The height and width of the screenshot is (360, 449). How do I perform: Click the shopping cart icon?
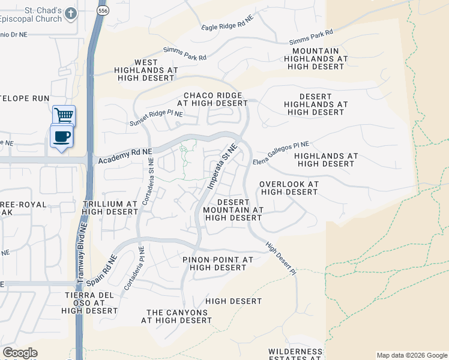coord(63,115)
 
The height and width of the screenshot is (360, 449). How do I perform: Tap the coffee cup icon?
coord(61,137)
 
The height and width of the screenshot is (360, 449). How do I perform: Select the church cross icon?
coord(71,13)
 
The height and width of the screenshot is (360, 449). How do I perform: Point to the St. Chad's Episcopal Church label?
coord(35,14)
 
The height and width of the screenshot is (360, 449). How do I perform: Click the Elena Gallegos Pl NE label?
coord(280,153)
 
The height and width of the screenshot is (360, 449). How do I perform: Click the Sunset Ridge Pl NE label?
coord(156,118)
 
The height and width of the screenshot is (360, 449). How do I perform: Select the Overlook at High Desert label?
coord(289,188)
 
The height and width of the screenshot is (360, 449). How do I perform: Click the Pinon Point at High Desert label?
coord(217,263)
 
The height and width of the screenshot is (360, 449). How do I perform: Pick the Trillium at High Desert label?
coord(110,208)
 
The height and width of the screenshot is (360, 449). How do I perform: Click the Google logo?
coord(20,353)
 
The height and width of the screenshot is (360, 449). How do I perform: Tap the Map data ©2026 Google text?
coord(411,355)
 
